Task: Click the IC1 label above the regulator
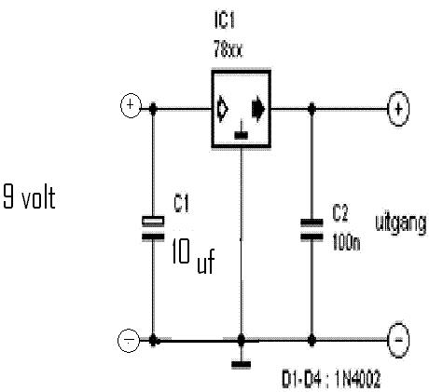pyautogui.click(x=224, y=21)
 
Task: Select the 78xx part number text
pyautogui.click(x=228, y=49)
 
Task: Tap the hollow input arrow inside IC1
pyautogui.click(x=223, y=109)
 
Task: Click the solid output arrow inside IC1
pyautogui.click(x=258, y=109)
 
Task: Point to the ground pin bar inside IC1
pyautogui.click(x=241, y=135)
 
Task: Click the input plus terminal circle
pyautogui.click(x=131, y=105)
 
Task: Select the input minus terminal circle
pyautogui.click(x=129, y=341)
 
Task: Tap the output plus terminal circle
pyautogui.click(x=398, y=109)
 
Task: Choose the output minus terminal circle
pyautogui.click(x=399, y=340)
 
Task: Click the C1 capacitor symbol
pyautogui.click(x=153, y=228)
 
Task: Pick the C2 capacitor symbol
pyautogui.click(x=311, y=230)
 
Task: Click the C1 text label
pyautogui.click(x=181, y=203)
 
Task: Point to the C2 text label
pyautogui.click(x=340, y=213)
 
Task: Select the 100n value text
pyautogui.click(x=346, y=242)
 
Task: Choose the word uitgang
pyautogui.click(x=401, y=224)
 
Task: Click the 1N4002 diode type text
pyautogui.click(x=357, y=380)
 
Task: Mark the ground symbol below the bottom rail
pyautogui.click(x=241, y=364)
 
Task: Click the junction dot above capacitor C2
pyautogui.click(x=311, y=109)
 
